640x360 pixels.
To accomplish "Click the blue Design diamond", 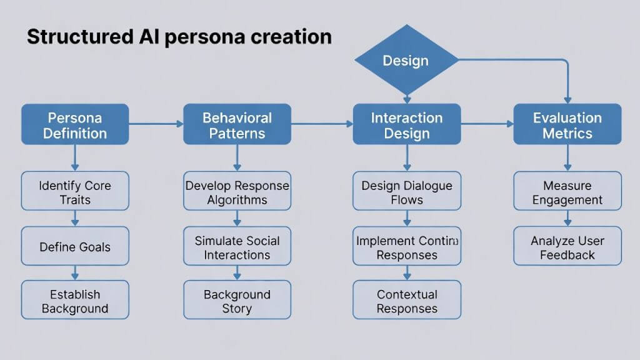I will (x=406, y=61).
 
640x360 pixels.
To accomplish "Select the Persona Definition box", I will (x=75, y=125).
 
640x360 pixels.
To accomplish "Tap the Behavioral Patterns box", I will (x=237, y=125).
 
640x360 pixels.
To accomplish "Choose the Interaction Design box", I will (x=406, y=125).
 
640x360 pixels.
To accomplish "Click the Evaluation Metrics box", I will (x=567, y=125).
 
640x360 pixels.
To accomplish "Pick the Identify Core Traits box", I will (x=75, y=192).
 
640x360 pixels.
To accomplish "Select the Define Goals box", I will (x=75, y=246).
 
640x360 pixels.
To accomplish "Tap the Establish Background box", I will (x=75, y=301).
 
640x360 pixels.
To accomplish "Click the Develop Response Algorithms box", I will (x=237, y=192).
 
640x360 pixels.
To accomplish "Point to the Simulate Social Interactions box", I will (x=237, y=247).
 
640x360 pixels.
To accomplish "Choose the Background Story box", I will (x=237, y=301).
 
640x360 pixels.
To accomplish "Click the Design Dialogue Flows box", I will (x=406, y=192).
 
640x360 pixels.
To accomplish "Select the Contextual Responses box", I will (x=406, y=301).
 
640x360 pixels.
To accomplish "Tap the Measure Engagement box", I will (x=567, y=192).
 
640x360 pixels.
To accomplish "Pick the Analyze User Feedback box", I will (x=567, y=246).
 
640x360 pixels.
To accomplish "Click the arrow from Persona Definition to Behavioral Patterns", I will (x=156, y=124).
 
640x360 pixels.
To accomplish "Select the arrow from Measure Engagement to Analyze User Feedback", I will (x=567, y=218).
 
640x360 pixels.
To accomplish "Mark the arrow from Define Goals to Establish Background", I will (x=75, y=272).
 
